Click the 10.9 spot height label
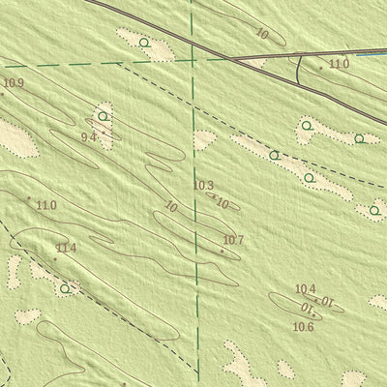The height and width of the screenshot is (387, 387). [14, 83]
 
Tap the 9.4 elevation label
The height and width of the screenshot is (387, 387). [88, 137]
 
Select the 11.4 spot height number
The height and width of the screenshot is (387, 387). [66, 249]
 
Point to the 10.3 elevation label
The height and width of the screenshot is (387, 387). [203, 186]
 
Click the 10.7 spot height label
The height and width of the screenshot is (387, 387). [233, 240]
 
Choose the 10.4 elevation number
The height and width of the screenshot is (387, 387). [306, 288]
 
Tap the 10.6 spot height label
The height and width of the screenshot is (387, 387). [304, 327]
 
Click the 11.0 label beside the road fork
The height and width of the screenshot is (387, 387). [339, 64]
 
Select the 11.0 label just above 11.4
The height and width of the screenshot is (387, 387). [46, 205]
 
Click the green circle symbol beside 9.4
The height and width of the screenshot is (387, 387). [102, 116]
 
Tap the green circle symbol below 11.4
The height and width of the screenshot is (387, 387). [65, 287]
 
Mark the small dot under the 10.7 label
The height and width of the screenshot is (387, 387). [222, 252]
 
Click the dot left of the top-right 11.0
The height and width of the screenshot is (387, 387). [321, 68]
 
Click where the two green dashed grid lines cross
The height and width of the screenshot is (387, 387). [193, 60]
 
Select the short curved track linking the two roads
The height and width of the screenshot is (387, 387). [300, 68]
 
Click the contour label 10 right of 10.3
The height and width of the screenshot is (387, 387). [223, 203]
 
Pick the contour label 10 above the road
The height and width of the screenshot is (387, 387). [262, 34]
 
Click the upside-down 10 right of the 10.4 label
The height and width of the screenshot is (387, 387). [326, 301]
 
